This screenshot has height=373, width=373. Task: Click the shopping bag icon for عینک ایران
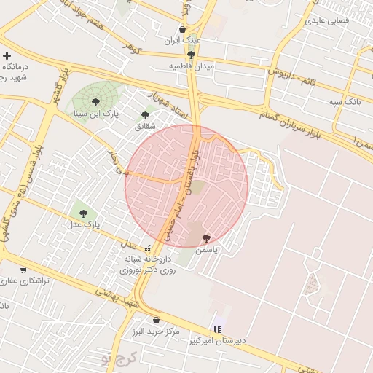[182, 30]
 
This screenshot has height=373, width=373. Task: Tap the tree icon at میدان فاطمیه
[192, 55]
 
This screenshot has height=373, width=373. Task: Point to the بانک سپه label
[345, 103]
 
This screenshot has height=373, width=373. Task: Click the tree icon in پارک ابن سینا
[95, 103]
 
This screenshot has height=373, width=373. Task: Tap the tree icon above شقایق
[146, 114]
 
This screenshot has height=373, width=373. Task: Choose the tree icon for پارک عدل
[83, 213]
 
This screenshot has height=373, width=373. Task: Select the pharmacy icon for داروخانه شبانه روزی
[149, 248]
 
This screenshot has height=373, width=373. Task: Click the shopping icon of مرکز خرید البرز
[156, 320]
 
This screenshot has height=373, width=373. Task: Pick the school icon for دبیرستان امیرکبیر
[217, 330]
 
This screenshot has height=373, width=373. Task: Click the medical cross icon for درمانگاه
[7, 55]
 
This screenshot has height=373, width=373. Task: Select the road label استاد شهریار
[170, 106]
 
